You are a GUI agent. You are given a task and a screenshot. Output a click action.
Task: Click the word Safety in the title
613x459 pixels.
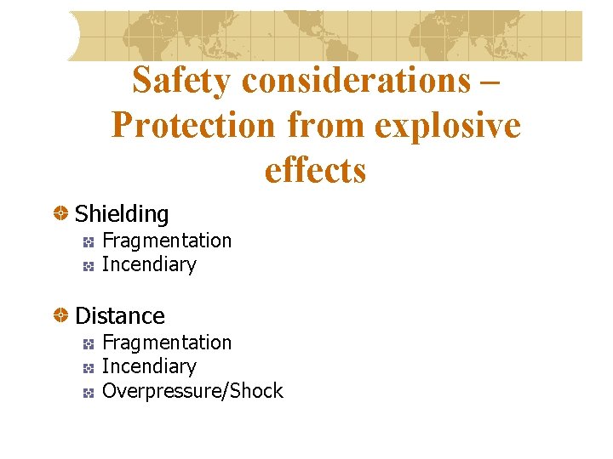pyautogui.click(x=181, y=82)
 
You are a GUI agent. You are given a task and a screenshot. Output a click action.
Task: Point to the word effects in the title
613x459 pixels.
pyautogui.click(x=315, y=170)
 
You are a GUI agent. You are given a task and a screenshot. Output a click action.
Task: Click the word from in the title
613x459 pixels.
pyautogui.click(x=322, y=126)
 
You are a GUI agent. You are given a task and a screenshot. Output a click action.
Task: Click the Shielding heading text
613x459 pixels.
pyautogui.click(x=122, y=214)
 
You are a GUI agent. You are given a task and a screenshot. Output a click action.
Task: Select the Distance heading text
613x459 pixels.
pyautogui.click(x=120, y=316)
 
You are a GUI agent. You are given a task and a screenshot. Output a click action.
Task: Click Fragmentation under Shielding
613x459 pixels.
pyautogui.click(x=167, y=241)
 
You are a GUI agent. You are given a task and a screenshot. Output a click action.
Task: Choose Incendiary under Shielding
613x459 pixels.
pyautogui.click(x=149, y=264)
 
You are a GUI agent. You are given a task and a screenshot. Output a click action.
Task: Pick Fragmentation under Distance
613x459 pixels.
pyautogui.click(x=167, y=343)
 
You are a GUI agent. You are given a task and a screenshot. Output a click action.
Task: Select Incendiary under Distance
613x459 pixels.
pyautogui.click(x=149, y=366)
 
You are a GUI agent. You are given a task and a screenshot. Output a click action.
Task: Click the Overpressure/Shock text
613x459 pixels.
pyautogui.click(x=192, y=391)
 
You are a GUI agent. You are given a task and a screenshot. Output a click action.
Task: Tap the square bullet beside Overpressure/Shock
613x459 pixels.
pyautogui.click(x=89, y=392)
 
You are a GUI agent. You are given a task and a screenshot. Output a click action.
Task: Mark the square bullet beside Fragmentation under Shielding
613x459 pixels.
pyautogui.click(x=89, y=242)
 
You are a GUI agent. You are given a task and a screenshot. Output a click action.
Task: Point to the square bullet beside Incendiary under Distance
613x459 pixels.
pyautogui.click(x=89, y=368)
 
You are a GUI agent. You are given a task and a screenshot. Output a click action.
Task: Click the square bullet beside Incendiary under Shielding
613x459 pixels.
pyautogui.click(x=89, y=266)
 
